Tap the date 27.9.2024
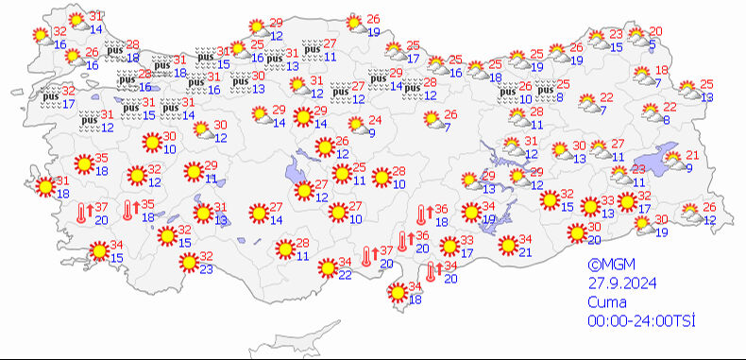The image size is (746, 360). tap(619, 283)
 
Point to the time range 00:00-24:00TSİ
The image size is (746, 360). tap(640, 320)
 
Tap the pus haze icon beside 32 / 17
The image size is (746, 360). tap(49, 94)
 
